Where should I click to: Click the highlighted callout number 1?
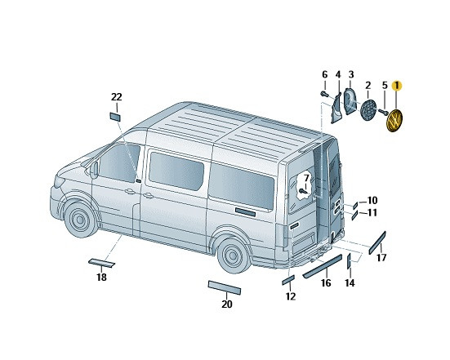[397, 86]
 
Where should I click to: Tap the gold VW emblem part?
[395, 120]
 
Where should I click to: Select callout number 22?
[117, 97]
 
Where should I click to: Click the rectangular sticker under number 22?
[115, 117]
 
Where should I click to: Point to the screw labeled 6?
[324, 94]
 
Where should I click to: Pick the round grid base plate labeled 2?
[368, 110]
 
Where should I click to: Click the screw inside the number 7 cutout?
[303, 191]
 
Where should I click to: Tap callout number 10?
[372, 200]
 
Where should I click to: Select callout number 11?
[372, 213]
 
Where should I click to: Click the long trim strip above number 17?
[377, 242]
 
